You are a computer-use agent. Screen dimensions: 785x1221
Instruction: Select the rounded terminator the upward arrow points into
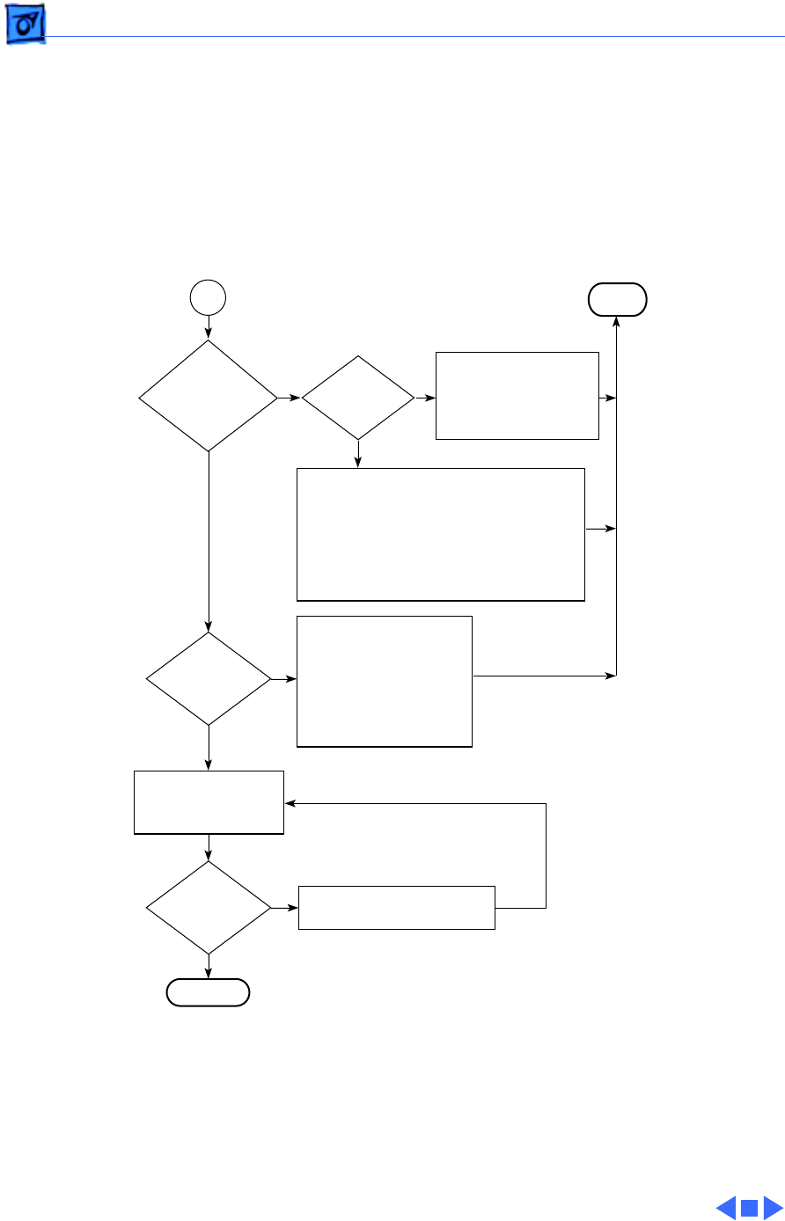(617, 300)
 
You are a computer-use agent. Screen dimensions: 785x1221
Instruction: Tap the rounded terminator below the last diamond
(209, 992)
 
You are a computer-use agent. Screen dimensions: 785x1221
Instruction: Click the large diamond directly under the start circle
(209, 397)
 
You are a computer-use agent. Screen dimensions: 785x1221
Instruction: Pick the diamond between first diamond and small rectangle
(358, 398)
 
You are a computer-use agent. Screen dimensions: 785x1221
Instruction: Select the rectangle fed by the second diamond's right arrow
(517, 396)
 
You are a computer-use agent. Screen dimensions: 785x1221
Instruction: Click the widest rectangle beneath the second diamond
(441, 534)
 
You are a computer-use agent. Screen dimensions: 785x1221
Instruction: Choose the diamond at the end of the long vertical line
(209, 679)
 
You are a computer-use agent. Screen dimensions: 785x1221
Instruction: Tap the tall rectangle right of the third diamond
(385, 681)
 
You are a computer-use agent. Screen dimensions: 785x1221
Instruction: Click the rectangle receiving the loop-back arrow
(209, 802)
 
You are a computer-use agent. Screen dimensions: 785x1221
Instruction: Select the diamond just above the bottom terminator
(209, 907)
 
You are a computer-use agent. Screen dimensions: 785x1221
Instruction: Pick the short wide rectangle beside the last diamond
(397, 907)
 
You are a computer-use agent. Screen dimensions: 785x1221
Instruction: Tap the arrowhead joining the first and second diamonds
(296, 398)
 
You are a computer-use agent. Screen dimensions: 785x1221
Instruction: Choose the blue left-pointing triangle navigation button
(726, 1208)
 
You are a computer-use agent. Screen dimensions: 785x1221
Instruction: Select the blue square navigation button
(749, 1208)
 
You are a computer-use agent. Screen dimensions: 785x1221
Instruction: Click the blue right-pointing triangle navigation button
(772, 1208)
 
